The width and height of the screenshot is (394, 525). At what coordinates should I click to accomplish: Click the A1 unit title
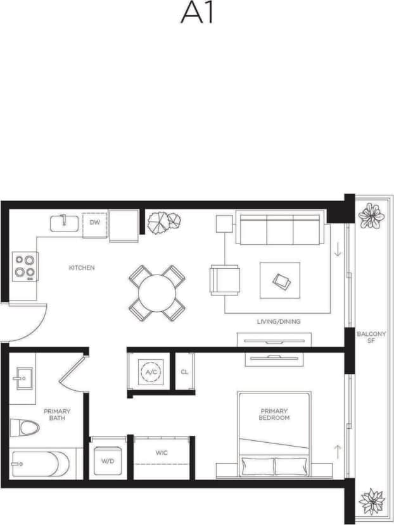196,13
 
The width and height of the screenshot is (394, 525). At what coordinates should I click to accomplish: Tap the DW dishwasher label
94,223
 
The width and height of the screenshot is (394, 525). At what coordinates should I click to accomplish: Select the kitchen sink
64,223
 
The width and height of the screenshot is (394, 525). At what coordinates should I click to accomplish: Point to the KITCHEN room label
82,268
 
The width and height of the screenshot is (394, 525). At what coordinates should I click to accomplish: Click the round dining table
157,293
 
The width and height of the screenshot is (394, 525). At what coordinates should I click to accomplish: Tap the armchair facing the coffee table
225,279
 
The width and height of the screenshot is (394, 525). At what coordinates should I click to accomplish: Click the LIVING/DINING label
279,322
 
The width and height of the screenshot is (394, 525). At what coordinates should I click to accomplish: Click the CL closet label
184,372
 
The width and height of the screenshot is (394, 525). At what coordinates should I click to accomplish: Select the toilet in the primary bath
25,428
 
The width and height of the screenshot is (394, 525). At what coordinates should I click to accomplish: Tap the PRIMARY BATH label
57,415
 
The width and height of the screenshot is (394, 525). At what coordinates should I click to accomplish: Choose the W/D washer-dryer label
107,461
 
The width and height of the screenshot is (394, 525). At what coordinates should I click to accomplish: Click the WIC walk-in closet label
162,453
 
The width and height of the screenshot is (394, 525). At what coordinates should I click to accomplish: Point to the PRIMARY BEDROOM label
274,414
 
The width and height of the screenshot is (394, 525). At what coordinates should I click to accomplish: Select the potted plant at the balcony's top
371,216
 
